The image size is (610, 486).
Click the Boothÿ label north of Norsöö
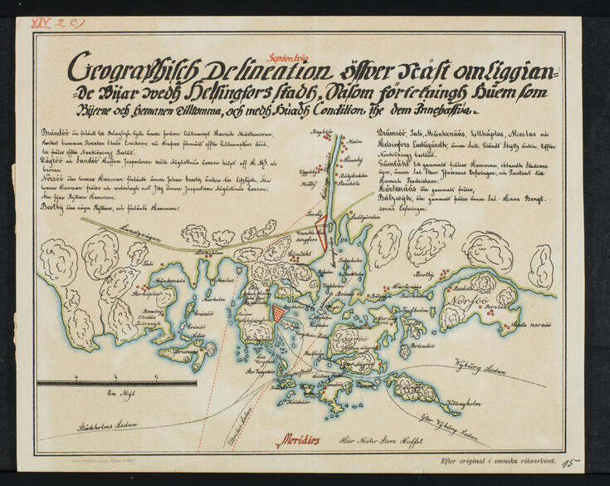[425, 272]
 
